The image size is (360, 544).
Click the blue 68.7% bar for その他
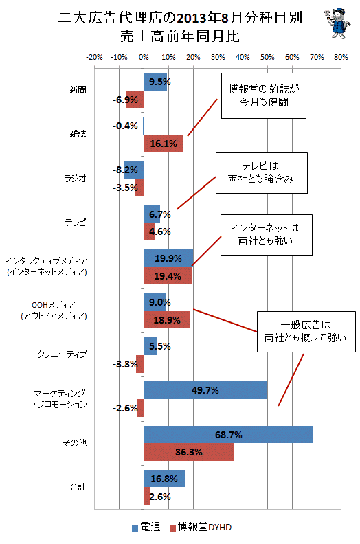click(x=228, y=434)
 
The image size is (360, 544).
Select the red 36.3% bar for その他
click(x=188, y=452)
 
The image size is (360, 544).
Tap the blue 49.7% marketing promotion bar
click(x=205, y=390)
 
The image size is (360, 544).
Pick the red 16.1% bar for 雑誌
click(x=164, y=144)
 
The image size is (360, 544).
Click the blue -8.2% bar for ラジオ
click(x=134, y=170)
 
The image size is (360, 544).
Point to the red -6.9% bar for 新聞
click(x=135, y=99)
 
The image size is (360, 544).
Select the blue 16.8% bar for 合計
click(x=165, y=479)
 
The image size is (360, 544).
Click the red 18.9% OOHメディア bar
click(x=167, y=319)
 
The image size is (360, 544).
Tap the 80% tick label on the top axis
click(x=341, y=57)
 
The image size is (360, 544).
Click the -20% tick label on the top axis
click(x=94, y=57)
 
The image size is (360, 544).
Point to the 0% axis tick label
click(x=144, y=57)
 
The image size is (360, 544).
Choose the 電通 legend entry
click(x=146, y=528)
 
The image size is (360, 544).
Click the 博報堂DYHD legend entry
click(x=201, y=528)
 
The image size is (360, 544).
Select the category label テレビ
click(x=76, y=223)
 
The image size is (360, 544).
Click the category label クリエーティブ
click(x=62, y=354)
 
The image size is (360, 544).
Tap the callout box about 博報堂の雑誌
click(x=264, y=95)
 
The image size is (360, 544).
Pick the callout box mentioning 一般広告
click(x=306, y=332)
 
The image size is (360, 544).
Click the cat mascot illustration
click(x=337, y=23)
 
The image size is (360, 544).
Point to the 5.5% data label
click(x=159, y=346)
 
